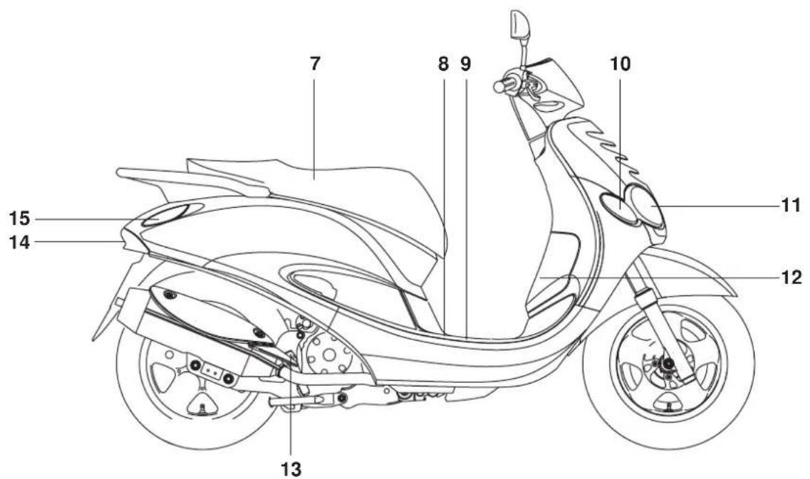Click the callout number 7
click(315, 64)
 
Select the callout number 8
click(443, 64)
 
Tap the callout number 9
click(465, 64)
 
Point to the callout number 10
click(621, 64)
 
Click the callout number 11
click(790, 206)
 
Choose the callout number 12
click(791, 278)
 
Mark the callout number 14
click(20, 241)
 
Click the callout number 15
click(20, 219)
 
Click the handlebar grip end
click(499, 86)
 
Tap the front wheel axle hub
click(668, 365)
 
